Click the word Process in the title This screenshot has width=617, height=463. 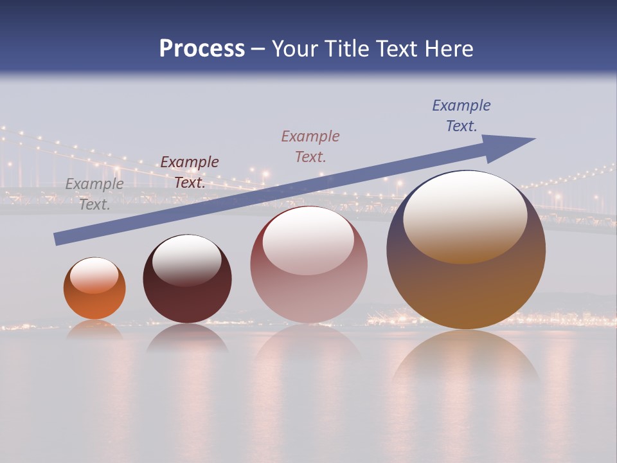tap(202, 49)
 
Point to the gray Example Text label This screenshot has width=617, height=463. tap(94, 194)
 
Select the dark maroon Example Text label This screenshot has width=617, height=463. tap(190, 172)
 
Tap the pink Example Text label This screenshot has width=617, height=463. tap(310, 146)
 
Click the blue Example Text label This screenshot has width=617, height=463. tap(461, 115)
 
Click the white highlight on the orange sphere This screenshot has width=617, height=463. tap(94, 275)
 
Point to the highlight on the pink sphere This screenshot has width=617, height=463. tap(308, 240)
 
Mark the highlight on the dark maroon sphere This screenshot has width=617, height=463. tap(186, 259)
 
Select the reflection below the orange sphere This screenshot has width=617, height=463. tap(94, 329)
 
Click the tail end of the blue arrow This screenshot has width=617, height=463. tap(60, 238)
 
